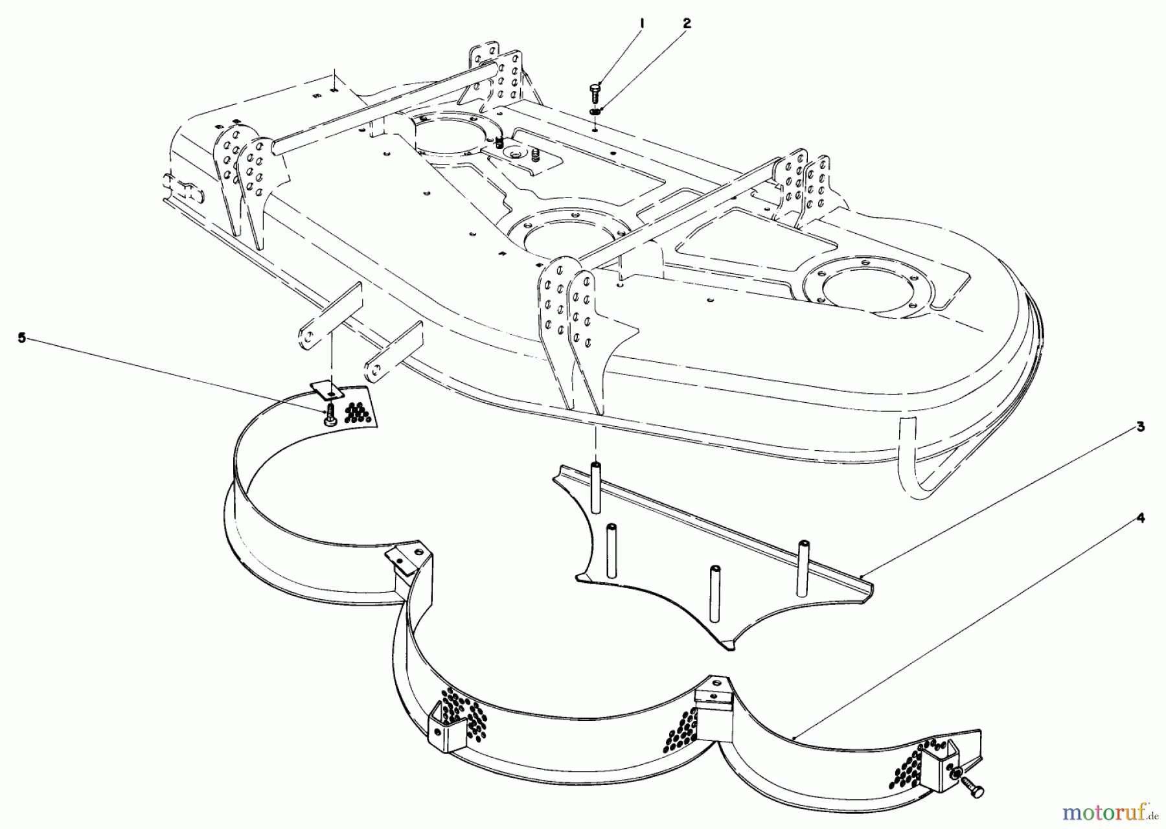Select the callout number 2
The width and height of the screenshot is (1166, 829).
(687, 23)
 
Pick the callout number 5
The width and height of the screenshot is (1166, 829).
(22, 338)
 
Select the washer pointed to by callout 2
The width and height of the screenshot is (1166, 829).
(595, 112)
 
